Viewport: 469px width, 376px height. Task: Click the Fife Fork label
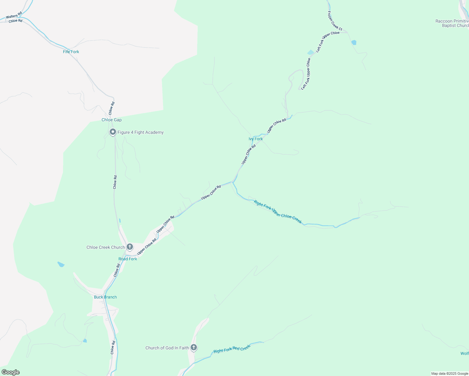coord(71,52)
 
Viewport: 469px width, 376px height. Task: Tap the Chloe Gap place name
coord(111,120)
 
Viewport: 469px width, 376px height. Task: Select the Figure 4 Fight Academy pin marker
coord(113,132)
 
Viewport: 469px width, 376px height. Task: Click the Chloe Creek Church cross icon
coord(130,247)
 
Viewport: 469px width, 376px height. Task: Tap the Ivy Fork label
coord(256,139)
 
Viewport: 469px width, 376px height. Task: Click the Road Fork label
coord(128,259)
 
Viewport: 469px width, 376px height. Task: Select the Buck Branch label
coord(105,297)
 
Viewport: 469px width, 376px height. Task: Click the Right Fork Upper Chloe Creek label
coord(278,212)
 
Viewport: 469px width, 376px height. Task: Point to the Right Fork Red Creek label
coord(232,349)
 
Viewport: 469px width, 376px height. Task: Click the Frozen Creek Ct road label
coord(335,21)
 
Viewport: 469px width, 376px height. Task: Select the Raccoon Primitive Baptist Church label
coord(452,23)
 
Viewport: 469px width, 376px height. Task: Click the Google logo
coord(10,372)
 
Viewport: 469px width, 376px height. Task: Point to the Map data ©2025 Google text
coord(449,373)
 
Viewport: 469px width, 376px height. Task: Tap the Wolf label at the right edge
coord(464,353)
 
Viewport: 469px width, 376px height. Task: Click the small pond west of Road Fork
coord(61,264)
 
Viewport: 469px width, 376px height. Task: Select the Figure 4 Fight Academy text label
coord(140,132)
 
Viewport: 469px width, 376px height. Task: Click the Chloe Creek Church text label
coord(106,247)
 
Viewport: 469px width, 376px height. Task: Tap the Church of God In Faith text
coord(167,348)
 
